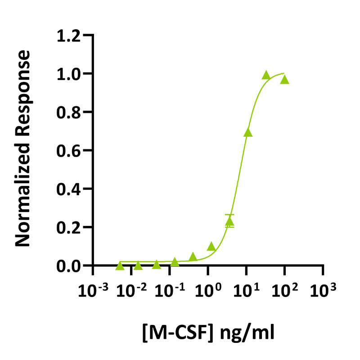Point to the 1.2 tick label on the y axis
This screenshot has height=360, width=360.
coord(69,35)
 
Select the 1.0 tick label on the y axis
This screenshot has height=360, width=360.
coord(69,73)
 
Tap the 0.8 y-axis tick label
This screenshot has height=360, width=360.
coord(69,112)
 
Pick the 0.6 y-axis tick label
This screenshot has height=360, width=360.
coord(69,151)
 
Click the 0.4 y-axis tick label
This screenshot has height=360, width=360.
coord(69,189)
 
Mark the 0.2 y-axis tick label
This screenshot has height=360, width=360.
coord(69,228)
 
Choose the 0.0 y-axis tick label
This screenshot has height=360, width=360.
coord(69,266)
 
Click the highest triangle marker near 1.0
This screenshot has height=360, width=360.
coord(266,75)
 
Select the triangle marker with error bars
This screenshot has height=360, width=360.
coord(229,221)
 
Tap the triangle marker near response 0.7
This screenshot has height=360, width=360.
coord(248,133)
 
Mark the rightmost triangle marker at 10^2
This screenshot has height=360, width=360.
coord(284,80)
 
